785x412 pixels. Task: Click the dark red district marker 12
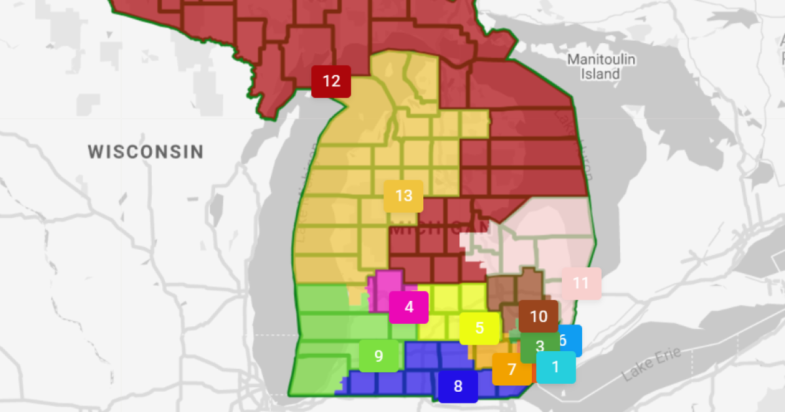[331, 82]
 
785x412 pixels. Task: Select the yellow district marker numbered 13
[404, 196]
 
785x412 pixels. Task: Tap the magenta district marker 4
[409, 307]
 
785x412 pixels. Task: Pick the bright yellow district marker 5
[479, 328]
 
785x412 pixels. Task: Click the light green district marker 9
[379, 356]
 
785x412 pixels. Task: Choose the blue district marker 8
[458, 386]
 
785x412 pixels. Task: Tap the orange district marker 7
[511, 369]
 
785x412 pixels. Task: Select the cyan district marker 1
[556, 368]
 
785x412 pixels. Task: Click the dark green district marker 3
[539, 346]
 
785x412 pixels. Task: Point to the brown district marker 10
[538, 317]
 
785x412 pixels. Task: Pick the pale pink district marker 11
[581, 283]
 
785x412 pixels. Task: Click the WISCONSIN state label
[146, 152]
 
